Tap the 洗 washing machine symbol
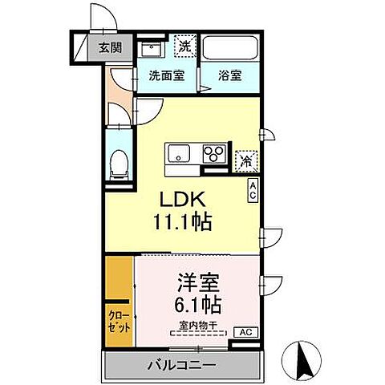[x=185, y=47]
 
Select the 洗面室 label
[x=166, y=78]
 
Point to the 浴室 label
[x=230, y=78]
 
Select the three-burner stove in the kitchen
[x=213, y=152]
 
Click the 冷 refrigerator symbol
[x=245, y=160]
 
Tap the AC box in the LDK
[x=253, y=190]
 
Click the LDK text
[x=184, y=199]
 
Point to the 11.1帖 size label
[x=184, y=222]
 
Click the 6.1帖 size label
[x=196, y=306]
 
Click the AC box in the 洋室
[x=246, y=331]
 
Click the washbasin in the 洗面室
[x=150, y=49]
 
